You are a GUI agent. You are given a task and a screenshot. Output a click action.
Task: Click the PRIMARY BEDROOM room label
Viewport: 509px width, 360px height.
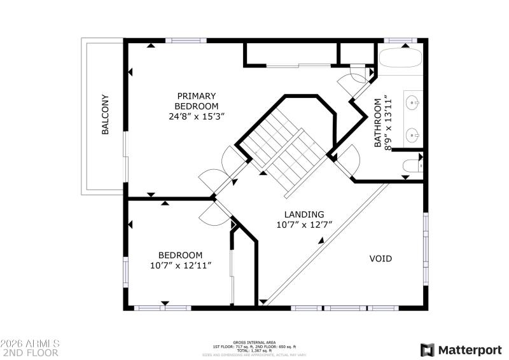pos(197,100)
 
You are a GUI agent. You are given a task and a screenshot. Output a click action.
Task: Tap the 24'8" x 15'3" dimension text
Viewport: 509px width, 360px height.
pos(197,116)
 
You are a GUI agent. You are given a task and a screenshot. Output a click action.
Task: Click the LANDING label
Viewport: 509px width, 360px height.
pos(303,214)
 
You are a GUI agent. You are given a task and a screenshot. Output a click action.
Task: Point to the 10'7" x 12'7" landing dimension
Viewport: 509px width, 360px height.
pos(303,225)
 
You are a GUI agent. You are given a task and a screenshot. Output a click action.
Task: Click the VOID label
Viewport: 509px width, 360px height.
pos(380,259)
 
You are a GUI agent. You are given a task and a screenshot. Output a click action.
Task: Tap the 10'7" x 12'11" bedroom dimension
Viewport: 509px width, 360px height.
pos(181,265)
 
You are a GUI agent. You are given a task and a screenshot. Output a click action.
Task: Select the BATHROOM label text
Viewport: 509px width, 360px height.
pos(378,122)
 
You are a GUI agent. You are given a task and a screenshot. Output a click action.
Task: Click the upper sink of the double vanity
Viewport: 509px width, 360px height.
pos(414,102)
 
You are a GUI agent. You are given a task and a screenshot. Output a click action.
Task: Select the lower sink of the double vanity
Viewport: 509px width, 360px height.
pos(414,134)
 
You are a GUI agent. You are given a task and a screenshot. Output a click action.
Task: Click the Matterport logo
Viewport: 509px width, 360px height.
pos(461,350)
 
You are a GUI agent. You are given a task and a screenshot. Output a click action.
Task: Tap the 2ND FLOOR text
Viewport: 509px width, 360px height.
pos(31,352)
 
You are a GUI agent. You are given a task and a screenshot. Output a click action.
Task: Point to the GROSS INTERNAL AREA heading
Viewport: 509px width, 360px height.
pos(253,342)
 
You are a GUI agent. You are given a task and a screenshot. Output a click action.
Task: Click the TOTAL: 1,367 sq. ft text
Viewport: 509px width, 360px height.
pos(253,350)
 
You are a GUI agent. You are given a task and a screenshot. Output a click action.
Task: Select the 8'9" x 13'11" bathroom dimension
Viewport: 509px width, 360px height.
pos(389,122)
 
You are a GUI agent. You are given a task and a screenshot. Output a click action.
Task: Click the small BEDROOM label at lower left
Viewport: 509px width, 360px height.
pos(181,254)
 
